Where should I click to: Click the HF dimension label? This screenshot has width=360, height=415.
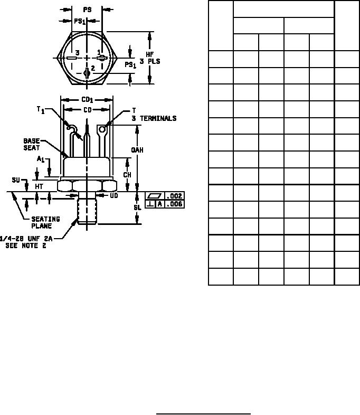tap(150, 54)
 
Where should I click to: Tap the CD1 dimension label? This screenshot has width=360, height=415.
tap(87, 100)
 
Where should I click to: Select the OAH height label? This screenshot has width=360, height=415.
tap(137, 150)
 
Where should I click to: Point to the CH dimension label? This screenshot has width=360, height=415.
tap(127, 175)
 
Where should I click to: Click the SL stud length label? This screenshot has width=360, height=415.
tap(137, 207)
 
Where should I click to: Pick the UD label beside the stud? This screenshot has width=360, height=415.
tap(113, 195)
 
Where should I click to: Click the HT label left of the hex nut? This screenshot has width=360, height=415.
tap(39, 186)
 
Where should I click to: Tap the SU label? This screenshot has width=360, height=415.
tap(16, 180)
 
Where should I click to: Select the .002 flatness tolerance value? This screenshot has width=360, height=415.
tap(175, 196)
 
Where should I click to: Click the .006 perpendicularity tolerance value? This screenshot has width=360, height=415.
tap(175, 204)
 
